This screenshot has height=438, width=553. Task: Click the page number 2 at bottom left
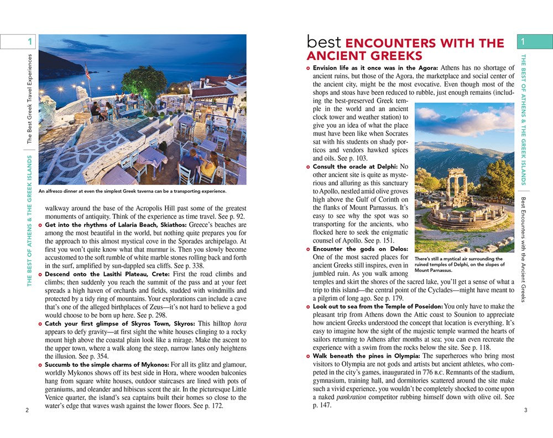pos(27,410)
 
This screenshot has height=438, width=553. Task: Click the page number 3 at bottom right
pos(526,410)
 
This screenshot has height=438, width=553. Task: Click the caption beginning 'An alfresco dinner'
pos(133,192)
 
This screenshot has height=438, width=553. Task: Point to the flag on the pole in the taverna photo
pos(87,71)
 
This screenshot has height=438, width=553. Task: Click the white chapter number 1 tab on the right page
pos(534,42)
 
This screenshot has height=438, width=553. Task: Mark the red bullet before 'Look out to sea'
pos(309,306)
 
